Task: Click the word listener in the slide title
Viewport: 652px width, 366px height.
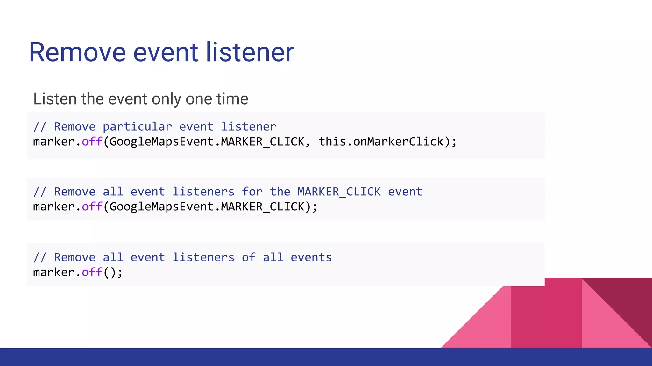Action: tap(250, 52)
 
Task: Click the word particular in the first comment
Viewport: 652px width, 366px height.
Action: tap(137, 127)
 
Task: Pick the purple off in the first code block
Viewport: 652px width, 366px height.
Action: tap(92, 141)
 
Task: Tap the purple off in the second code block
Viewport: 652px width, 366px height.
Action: tap(92, 207)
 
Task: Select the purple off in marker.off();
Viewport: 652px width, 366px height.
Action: tap(92, 272)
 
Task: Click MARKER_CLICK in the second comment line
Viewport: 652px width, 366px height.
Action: tap(339, 192)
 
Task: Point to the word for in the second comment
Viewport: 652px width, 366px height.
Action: tap(252, 192)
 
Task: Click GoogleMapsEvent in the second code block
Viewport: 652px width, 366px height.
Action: tap(162, 207)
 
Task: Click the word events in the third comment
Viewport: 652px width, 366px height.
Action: tap(311, 257)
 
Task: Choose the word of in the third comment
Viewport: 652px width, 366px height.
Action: tap(248, 257)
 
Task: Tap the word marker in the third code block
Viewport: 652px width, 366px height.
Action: tap(54, 272)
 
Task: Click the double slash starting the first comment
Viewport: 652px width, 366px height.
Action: tap(40, 127)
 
